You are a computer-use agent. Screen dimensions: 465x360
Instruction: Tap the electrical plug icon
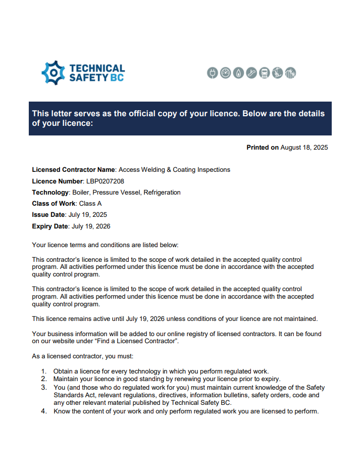click(x=212, y=73)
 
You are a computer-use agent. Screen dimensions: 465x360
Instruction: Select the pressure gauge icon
click(x=225, y=73)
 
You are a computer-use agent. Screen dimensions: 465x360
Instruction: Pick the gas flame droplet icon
click(x=238, y=73)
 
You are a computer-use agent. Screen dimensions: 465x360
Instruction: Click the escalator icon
click(x=251, y=73)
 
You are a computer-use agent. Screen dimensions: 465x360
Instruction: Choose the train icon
click(x=264, y=73)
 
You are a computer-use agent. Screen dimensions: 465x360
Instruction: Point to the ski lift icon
click(x=277, y=73)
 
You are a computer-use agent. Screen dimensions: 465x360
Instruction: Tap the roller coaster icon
click(x=290, y=73)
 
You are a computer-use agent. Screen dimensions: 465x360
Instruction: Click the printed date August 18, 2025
click(x=304, y=148)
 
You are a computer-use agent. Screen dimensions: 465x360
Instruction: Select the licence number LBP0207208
click(x=105, y=181)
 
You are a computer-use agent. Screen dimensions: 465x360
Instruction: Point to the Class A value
click(x=90, y=204)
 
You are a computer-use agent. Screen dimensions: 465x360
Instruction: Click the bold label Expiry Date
click(x=50, y=226)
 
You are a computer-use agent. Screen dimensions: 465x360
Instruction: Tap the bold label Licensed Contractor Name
click(x=74, y=170)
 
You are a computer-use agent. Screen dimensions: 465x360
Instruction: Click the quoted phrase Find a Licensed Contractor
click(x=141, y=342)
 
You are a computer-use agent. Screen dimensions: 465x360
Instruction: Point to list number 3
click(x=44, y=388)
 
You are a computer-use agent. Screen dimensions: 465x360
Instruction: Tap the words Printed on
click(x=262, y=148)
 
